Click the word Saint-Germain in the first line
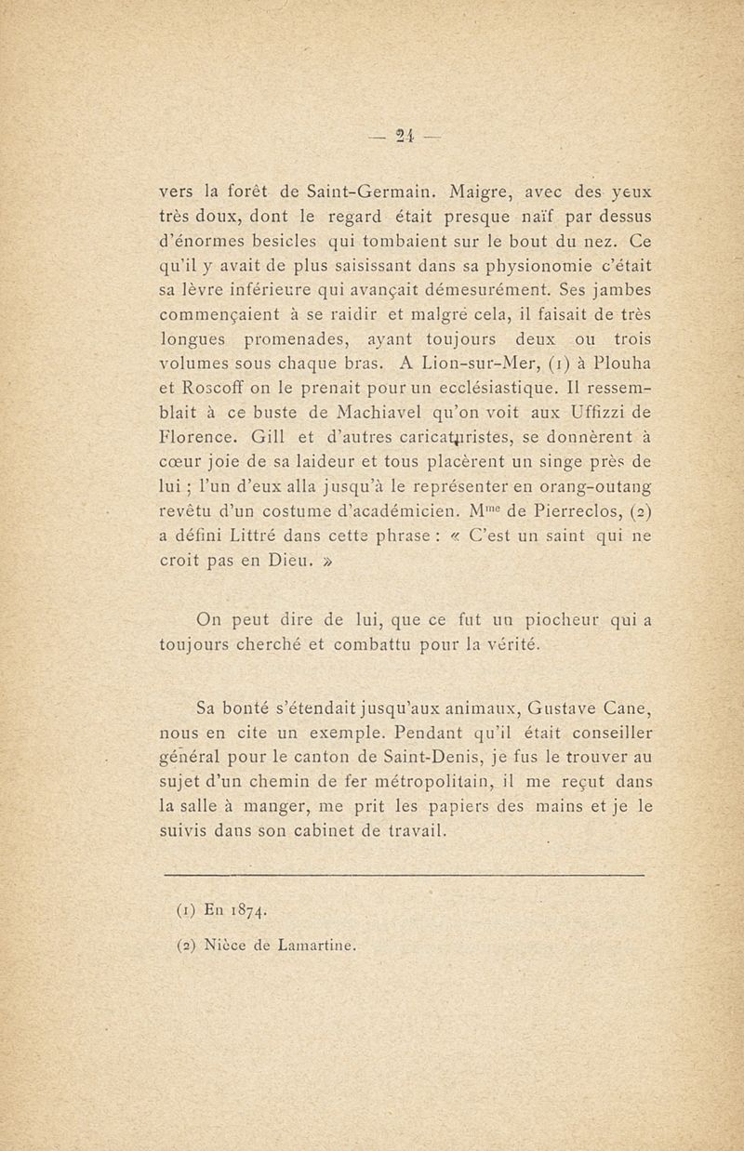pyautogui.click(x=359, y=195)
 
